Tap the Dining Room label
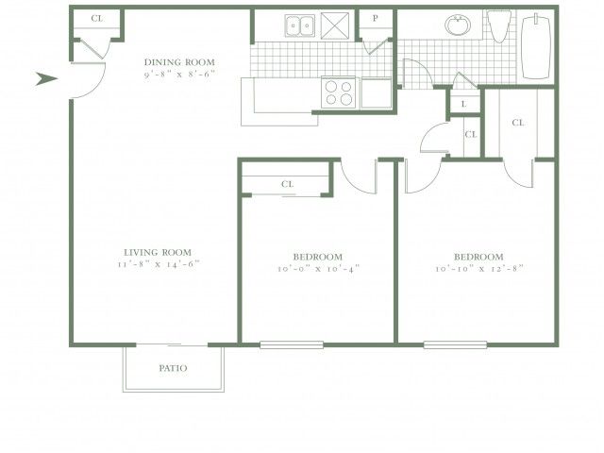tap(179, 62)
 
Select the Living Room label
tap(158, 253)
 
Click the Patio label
tap(174, 368)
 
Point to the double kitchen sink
tap(300, 25)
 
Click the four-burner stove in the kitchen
tap(339, 92)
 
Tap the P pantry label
tap(376, 18)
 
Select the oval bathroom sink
tap(458, 25)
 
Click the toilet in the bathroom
tap(499, 26)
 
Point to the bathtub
tap(536, 46)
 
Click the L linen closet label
tap(463, 104)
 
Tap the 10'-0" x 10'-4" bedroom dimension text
tap(318, 269)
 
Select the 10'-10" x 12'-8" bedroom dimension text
tap(479, 269)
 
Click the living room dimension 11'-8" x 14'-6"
tap(159, 264)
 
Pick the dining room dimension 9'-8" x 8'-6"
tap(179, 75)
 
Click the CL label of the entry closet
tap(97, 18)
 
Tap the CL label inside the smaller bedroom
tap(287, 184)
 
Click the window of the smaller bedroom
tap(292, 344)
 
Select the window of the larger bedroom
tap(455, 344)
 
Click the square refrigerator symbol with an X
tap(335, 25)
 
